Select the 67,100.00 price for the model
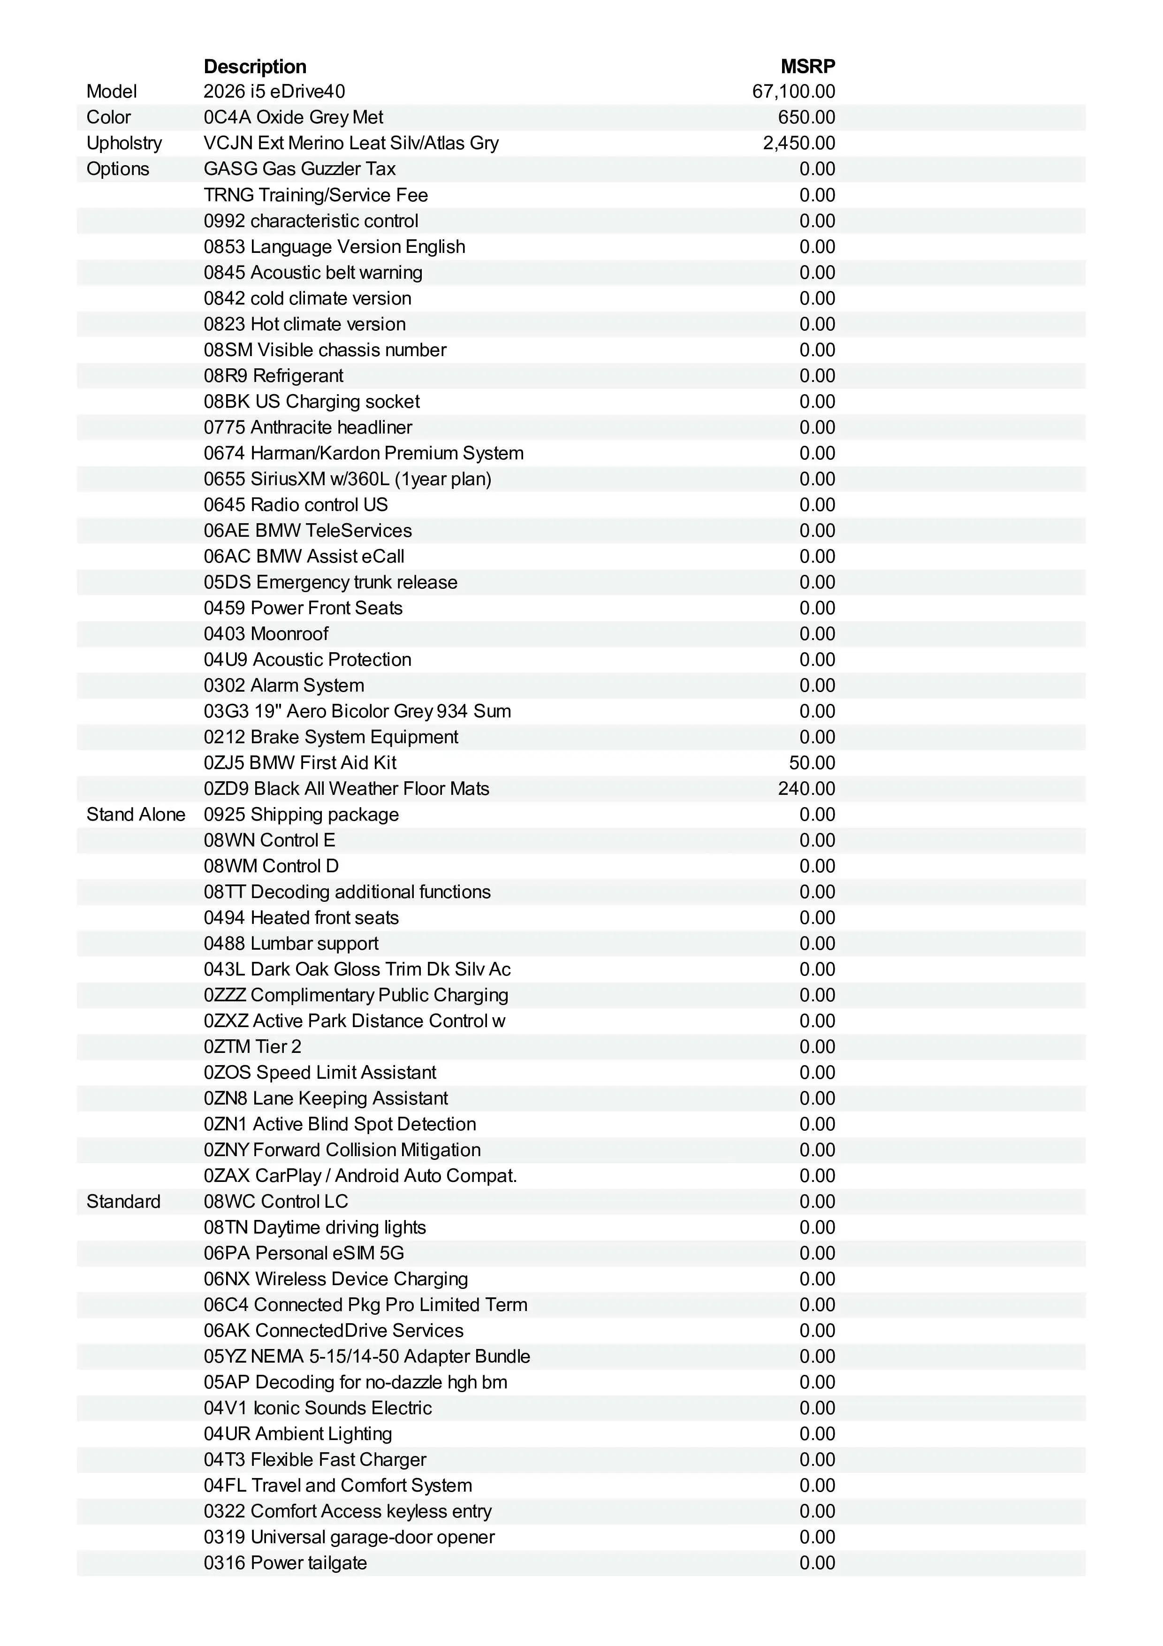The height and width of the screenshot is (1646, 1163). point(793,92)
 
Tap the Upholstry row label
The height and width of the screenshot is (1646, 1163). point(124,144)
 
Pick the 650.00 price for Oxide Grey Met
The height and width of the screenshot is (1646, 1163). point(806,118)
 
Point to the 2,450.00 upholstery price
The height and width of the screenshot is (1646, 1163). point(798,144)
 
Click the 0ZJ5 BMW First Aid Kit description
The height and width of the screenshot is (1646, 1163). point(299,763)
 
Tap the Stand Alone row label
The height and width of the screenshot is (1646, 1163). point(136,815)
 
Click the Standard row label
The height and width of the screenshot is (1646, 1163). point(123,1202)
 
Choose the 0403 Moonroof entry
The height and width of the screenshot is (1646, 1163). point(266,634)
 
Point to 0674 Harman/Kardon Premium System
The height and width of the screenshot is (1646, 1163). point(363,453)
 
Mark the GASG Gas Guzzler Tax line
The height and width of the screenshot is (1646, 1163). point(299,169)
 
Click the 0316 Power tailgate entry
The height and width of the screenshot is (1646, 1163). point(285,1563)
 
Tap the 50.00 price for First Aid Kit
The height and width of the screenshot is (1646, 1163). point(812,763)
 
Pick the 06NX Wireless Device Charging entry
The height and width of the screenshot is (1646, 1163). point(335,1279)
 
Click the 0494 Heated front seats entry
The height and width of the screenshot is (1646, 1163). point(301,918)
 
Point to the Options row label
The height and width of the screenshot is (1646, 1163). point(117,169)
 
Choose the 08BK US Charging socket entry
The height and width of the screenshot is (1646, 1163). point(312,402)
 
